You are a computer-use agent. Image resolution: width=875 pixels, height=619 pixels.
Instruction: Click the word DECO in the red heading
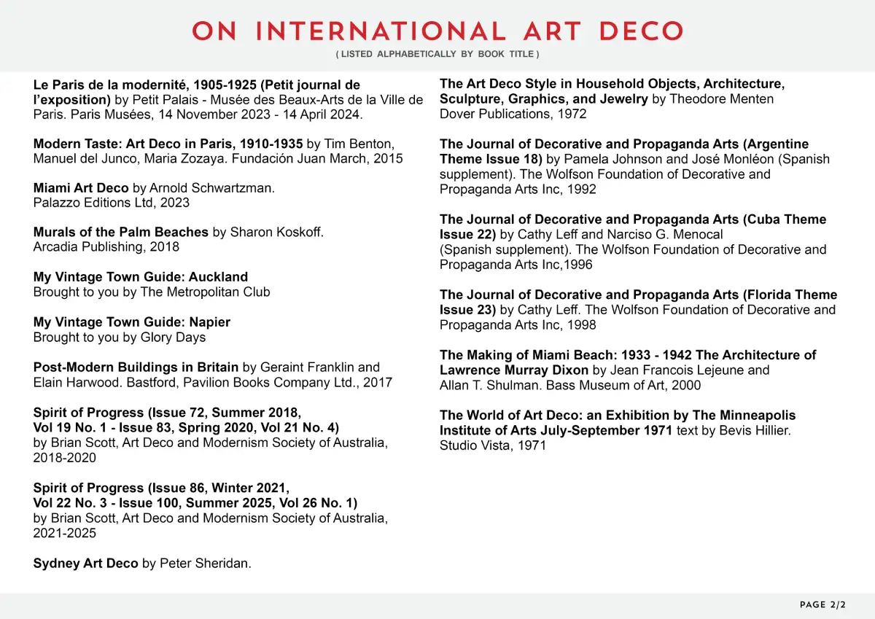640,31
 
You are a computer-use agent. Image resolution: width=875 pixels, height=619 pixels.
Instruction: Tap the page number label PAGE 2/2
822,605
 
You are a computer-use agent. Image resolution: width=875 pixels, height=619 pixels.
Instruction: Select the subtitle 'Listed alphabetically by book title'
437,55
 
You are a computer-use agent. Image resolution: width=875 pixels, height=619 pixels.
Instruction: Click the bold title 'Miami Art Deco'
81,188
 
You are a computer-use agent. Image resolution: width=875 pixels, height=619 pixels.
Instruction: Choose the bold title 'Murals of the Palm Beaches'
121,232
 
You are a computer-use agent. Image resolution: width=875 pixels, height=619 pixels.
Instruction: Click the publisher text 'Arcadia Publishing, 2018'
106,247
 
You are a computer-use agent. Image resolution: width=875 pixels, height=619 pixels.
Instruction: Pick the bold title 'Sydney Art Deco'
85,563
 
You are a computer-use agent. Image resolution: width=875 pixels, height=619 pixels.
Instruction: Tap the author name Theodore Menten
722,99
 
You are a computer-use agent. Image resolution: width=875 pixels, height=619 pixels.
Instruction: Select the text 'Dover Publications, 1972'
513,114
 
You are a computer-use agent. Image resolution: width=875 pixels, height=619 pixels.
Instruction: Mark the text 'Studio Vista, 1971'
493,445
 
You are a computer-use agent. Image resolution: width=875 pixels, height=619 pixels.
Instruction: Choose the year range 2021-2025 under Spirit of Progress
65,533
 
